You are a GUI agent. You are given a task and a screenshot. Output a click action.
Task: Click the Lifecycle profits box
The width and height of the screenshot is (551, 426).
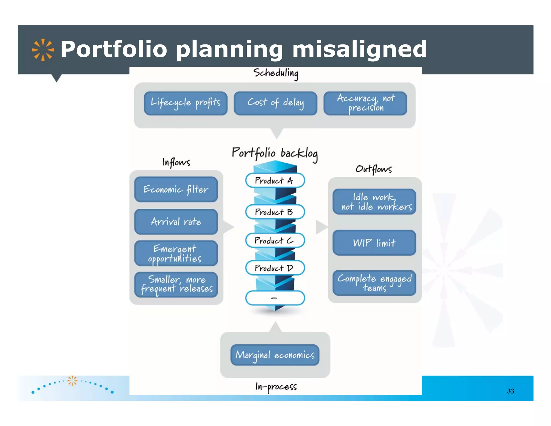[x=186, y=103]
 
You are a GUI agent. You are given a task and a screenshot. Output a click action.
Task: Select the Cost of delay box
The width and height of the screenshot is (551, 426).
[x=275, y=103]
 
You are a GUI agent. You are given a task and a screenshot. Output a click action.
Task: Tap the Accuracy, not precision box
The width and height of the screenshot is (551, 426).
[x=365, y=103]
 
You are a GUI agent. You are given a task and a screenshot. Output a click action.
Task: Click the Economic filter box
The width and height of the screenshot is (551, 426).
[x=176, y=189]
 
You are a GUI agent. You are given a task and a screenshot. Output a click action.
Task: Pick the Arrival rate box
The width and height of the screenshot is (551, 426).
[x=176, y=222]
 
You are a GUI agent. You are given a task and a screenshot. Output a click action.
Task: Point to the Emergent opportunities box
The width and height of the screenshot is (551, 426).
[x=176, y=253]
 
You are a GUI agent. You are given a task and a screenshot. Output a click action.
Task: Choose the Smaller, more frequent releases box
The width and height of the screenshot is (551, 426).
[x=176, y=285]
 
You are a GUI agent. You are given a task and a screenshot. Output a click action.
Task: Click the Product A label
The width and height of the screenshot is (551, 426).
[x=275, y=180]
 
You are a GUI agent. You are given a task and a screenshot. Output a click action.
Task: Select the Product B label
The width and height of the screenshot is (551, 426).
[x=275, y=212]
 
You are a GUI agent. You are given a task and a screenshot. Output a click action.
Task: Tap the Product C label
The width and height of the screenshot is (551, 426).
[x=275, y=240]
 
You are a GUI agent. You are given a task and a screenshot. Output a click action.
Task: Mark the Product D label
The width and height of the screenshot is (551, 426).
[x=275, y=268]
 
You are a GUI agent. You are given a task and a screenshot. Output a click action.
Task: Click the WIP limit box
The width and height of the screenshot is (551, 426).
[x=374, y=243]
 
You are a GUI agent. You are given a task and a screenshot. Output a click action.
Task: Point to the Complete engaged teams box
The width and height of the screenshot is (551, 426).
[x=374, y=283]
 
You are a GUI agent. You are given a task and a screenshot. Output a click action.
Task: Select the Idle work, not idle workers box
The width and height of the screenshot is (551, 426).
[x=374, y=202]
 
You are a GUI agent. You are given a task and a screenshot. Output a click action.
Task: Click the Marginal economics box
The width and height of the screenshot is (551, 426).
[x=275, y=355]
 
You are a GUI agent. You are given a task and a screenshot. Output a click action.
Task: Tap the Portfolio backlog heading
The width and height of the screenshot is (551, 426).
[x=275, y=153]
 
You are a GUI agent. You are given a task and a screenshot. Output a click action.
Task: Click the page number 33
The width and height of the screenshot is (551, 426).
[x=510, y=391]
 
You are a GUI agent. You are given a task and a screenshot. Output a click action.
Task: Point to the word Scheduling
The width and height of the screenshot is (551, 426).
[x=276, y=73]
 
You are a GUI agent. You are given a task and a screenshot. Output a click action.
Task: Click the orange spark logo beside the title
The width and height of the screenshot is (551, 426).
[x=43, y=50]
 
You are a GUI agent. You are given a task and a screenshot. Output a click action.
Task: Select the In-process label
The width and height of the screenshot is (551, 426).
[x=276, y=387]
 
